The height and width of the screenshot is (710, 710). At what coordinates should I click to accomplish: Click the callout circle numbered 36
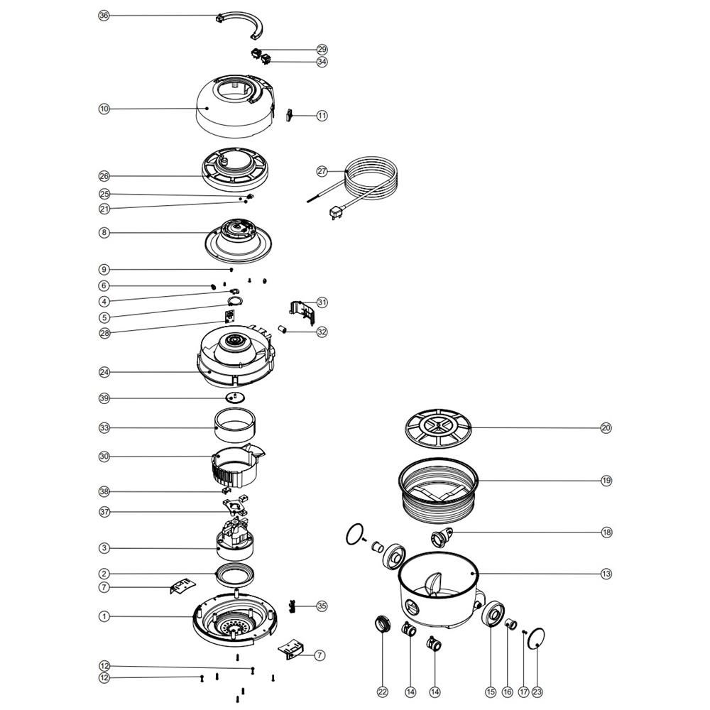(x=104, y=16)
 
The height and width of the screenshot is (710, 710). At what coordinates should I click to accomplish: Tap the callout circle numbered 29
(x=322, y=50)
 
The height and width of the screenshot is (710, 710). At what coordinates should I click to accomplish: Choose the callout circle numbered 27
(x=322, y=171)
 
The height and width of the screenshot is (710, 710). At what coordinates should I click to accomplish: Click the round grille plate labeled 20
(x=439, y=428)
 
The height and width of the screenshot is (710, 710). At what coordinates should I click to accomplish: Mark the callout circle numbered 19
(x=606, y=481)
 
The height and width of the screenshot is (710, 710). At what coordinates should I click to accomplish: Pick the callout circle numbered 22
(x=382, y=692)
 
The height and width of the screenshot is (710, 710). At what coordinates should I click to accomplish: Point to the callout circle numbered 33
(x=104, y=428)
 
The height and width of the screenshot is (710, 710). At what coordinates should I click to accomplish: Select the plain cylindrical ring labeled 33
(x=236, y=426)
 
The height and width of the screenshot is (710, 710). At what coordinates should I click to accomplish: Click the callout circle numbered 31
(x=322, y=302)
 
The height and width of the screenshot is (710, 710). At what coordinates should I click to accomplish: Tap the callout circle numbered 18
(x=606, y=532)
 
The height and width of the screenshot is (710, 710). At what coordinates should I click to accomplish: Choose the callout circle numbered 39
(x=104, y=398)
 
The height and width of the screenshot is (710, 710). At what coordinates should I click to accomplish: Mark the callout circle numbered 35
(x=322, y=606)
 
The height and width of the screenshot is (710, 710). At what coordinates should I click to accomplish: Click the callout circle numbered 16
(x=507, y=692)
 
